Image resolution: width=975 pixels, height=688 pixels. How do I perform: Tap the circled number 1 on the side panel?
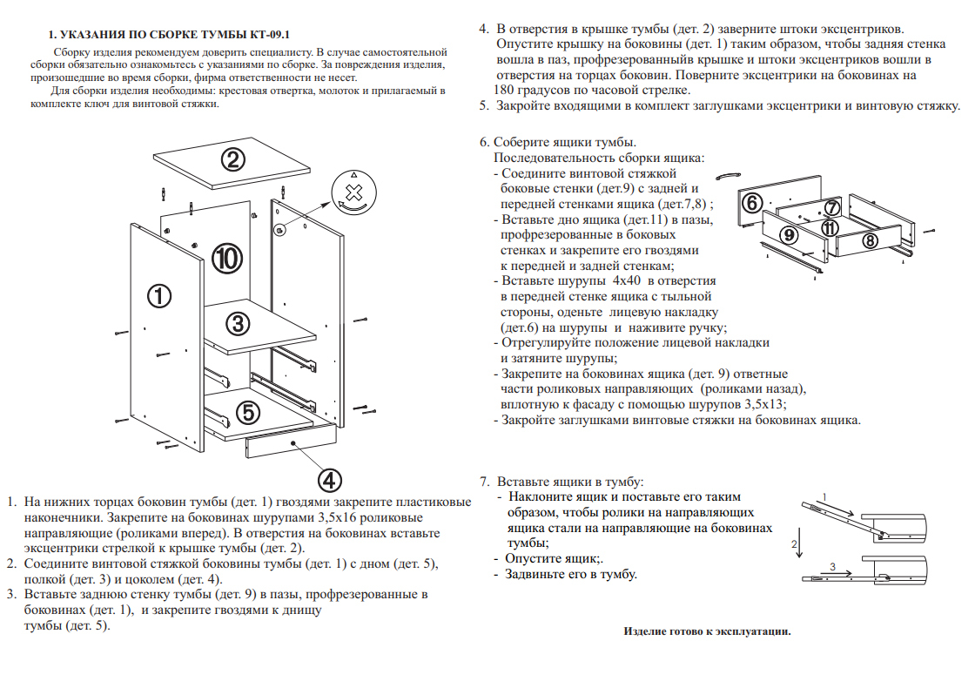[158, 296]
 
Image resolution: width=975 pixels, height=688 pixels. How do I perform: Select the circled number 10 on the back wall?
[227, 258]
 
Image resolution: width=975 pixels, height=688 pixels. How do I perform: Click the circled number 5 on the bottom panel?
[247, 411]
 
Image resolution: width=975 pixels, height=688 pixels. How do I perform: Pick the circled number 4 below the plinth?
[328, 479]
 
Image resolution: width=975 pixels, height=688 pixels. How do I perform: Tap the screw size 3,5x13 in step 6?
[764, 404]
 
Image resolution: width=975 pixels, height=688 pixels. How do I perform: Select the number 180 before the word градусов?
[508, 91]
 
